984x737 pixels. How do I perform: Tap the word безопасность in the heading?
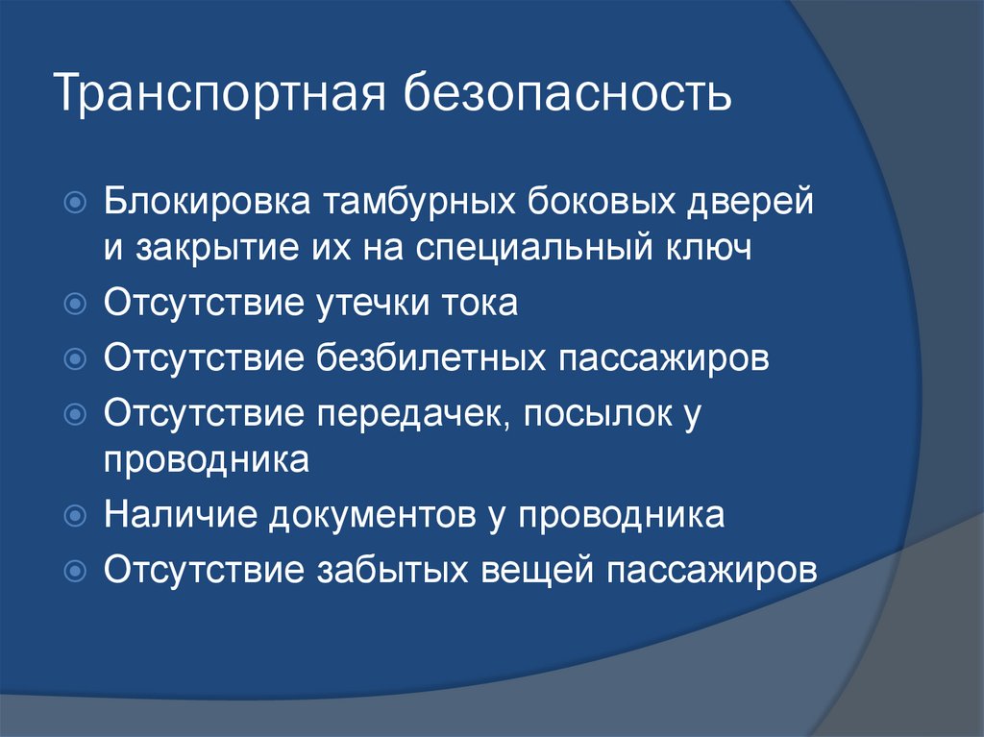567,93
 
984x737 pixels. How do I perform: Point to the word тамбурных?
419,202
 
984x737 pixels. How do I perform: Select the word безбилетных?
430,356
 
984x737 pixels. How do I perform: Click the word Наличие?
181,515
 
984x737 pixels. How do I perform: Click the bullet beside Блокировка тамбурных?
75,202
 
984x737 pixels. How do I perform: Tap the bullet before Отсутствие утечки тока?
75,304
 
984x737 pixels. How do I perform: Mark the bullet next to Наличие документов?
75,515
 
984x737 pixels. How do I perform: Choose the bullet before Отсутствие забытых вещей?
75,571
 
